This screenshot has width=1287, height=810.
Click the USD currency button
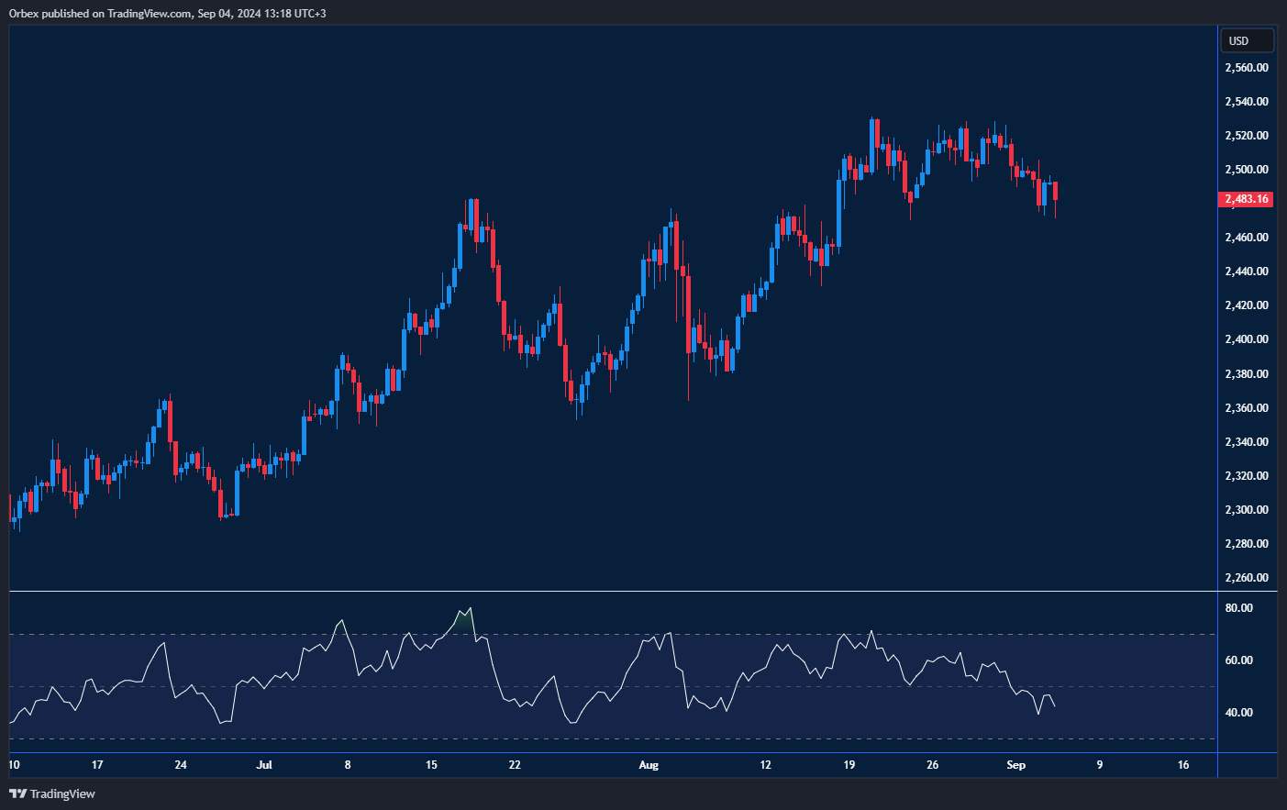(x=1246, y=41)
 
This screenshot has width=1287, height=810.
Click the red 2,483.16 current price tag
(x=1245, y=199)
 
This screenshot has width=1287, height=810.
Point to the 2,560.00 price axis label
(x=1247, y=68)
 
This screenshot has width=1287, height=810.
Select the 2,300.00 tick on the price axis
(x=1247, y=510)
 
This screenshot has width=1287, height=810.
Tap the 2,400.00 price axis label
(x=1247, y=339)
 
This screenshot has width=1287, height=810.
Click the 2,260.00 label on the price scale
(x=1247, y=578)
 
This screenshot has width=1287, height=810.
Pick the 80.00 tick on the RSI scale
(x=1238, y=608)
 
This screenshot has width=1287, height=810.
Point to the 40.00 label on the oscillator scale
(x=1238, y=713)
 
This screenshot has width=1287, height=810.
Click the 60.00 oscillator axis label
(x=1238, y=660)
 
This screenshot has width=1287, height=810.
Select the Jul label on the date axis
(x=264, y=765)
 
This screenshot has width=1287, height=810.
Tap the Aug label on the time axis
(x=649, y=765)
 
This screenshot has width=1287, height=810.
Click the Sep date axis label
(x=1015, y=765)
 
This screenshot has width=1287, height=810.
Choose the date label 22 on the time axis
(x=515, y=765)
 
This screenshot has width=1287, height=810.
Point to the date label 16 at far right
(x=1183, y=765)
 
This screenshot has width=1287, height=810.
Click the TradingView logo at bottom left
(x=52, y=793)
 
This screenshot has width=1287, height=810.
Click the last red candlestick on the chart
(x=1056, y=191)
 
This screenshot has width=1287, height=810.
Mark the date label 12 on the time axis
(x=765, y=765)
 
